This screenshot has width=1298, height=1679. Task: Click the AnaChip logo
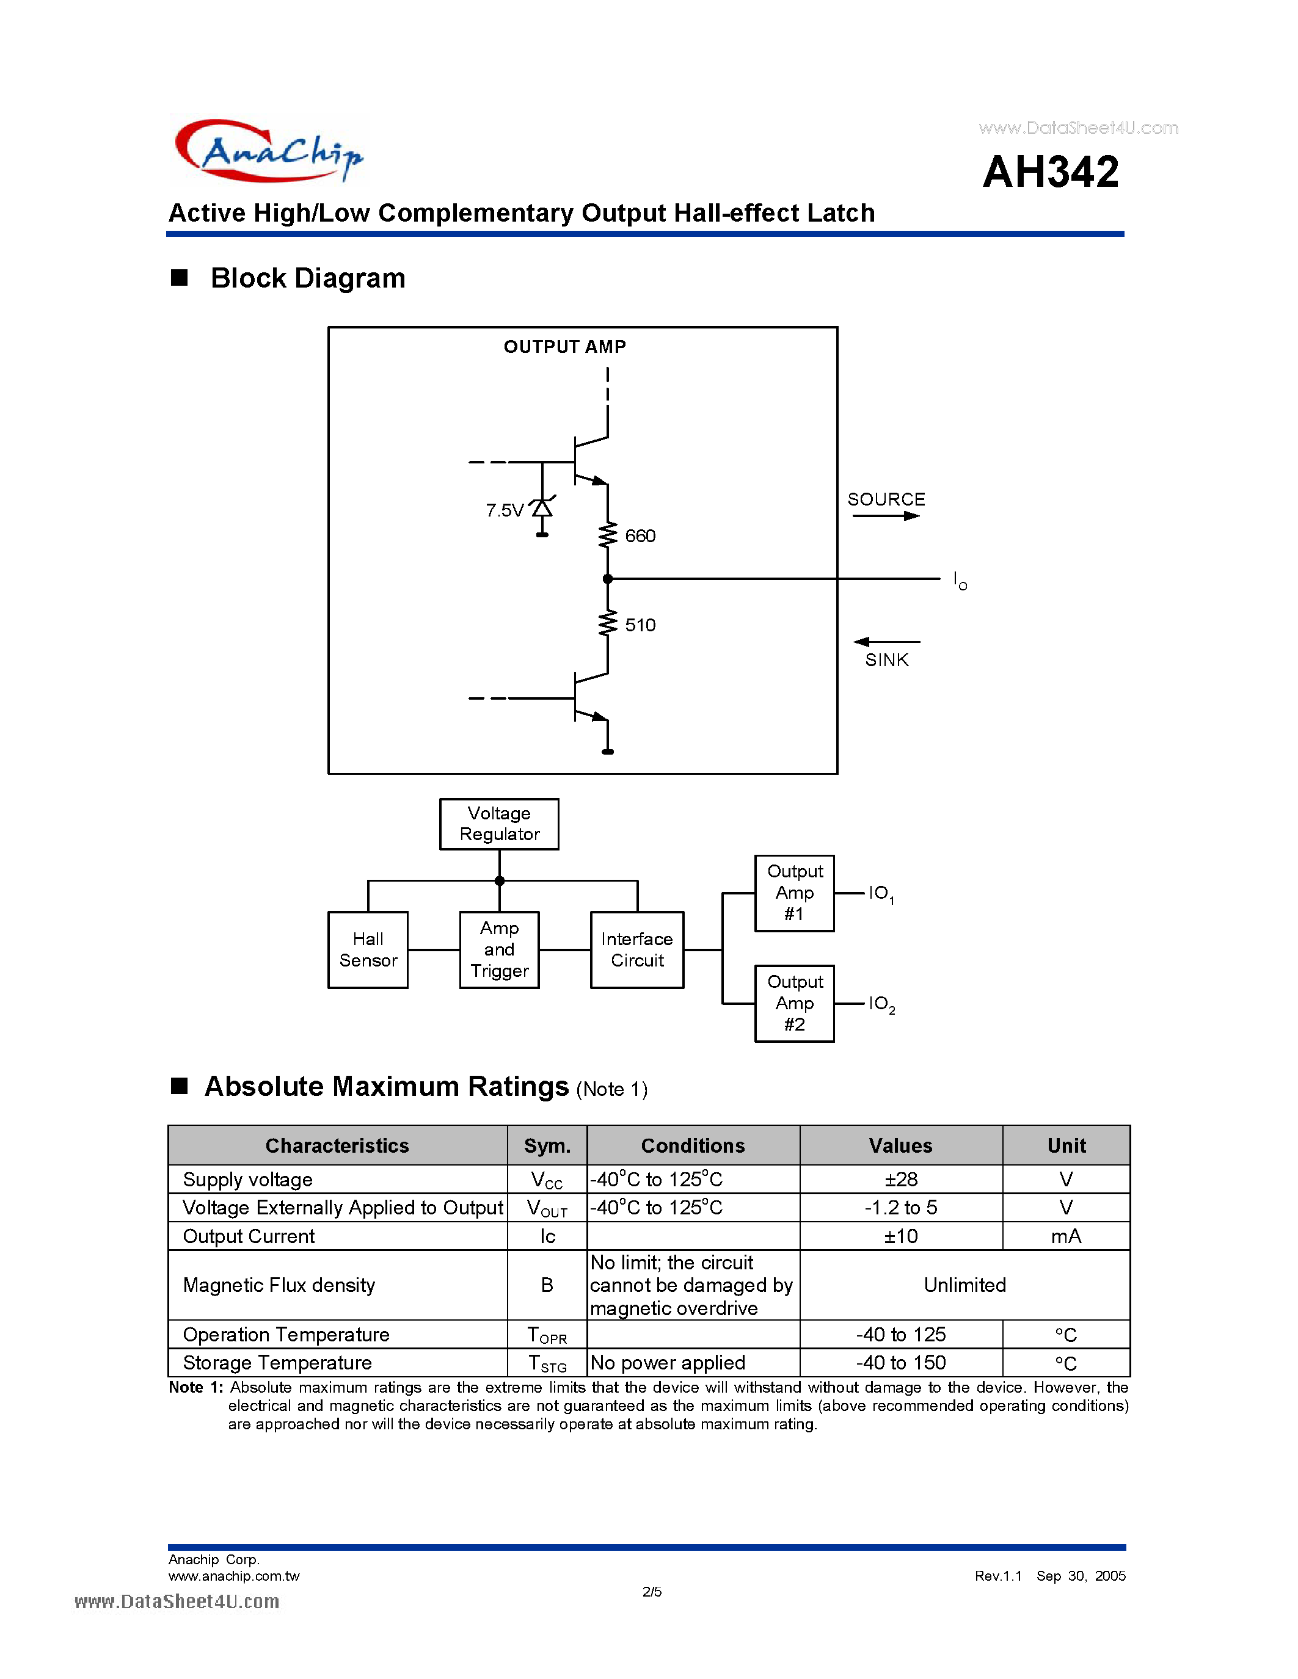pos(268,151)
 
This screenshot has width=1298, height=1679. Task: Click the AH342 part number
pos(1051,172)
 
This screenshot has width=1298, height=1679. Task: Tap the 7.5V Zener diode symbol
pos(542,508)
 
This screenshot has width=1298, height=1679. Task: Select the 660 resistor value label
pos(640,536)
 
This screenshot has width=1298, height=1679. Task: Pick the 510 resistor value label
pos(640,625)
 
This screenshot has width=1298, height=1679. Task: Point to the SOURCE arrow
pos(886,516)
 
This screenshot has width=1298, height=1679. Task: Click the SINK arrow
pos(886,641)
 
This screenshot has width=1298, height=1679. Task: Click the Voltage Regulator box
pos(499,824)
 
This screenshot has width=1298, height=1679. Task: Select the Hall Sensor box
pos(368,950)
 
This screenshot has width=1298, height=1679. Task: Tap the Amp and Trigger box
pos(499,950)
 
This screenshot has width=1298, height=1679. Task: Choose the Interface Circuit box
pos(636,950)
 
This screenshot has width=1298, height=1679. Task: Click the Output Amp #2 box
pos(794,1003)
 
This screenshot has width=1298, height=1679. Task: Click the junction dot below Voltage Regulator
pos(500,881)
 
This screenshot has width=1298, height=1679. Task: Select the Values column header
pos(900,1145)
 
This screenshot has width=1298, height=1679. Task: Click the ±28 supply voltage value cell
pos(900,1180)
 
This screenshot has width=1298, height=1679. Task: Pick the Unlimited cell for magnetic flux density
pos(964,1285)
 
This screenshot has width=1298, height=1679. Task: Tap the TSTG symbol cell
pos(547,1363)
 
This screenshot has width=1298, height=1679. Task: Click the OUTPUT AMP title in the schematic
pos(564,347)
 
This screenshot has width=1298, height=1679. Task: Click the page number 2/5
pos(651,1591)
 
